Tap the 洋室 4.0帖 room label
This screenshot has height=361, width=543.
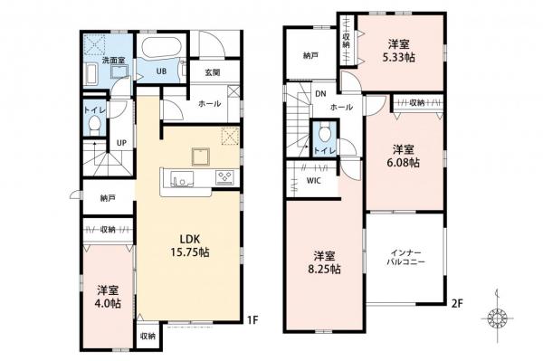pos(108,297)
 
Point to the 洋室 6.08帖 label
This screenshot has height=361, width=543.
pos(403,156)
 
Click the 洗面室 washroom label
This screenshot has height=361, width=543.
pos(113,61)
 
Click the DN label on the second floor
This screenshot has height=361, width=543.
pos(319,93)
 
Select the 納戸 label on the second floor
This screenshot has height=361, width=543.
pos(310,55)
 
